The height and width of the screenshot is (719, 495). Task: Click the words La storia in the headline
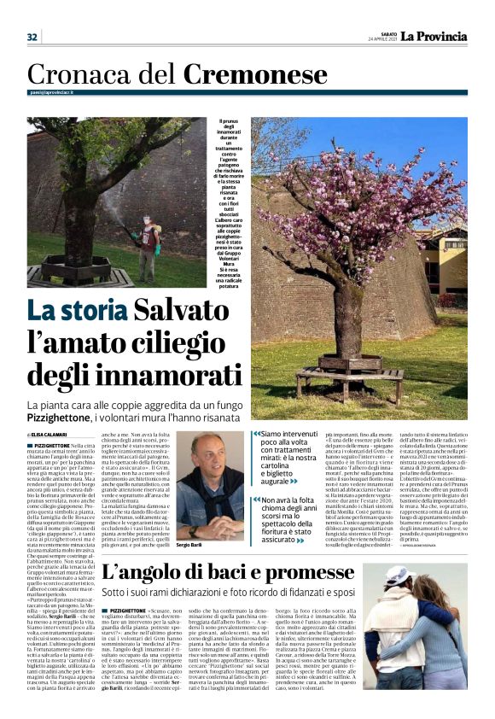pos(74,313)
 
